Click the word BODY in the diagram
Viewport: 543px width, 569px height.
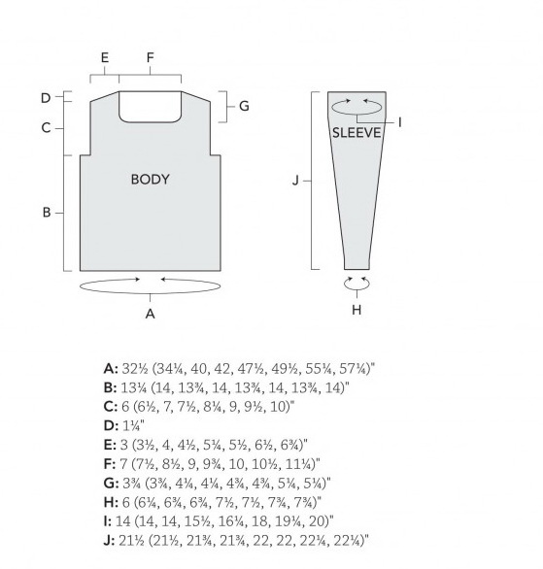(150, 180)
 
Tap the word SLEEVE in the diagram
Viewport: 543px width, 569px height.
(356, 133)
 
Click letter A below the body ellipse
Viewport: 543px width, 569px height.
(150, 314)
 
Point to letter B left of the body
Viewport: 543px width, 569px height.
(47, 213)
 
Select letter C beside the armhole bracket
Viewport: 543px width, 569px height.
(46, 128)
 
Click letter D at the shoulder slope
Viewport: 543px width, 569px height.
(46, 98)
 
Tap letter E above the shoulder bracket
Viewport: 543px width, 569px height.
(105, 57)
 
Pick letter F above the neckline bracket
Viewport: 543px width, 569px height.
(150, 57)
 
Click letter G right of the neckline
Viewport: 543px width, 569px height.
(244, 106)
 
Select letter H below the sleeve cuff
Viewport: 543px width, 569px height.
(356, 310)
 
